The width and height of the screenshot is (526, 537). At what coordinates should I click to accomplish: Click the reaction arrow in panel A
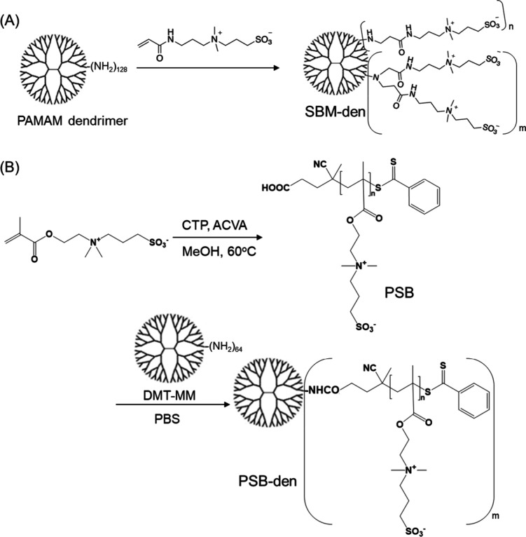point(203,67)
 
